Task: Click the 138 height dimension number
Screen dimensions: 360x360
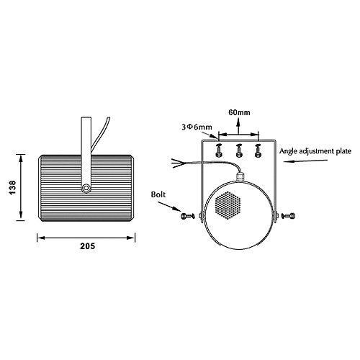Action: click(x=12, y=188)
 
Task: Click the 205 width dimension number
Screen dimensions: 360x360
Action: click(x=87, y=246)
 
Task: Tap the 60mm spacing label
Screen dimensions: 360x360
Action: click(x=239, y=112)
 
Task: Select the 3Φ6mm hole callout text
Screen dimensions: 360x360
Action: click(x=197, y=127)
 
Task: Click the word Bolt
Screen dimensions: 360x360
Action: click(x=158, y=194)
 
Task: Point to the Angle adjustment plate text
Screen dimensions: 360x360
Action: click(x=315, y=151)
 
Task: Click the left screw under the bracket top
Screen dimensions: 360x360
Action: click(x=219, y=150)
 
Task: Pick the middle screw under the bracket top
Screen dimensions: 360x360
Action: click(x=238, y=150)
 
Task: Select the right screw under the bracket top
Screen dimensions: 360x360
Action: click(x=258, y=150)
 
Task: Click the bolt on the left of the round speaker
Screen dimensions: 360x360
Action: click(x=187, y=216)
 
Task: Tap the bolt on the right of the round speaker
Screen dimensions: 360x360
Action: click(x=288, y=216)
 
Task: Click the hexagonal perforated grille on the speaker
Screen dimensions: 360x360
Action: click(x=228, y=205)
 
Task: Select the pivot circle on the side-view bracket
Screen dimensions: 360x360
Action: click(x=86, y=188)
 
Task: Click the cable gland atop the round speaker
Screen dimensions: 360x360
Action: click(x=240, y=176)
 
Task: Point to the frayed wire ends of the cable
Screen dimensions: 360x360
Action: click(x=178, y=163)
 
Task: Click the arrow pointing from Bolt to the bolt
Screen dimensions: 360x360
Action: click(x=169, y=207)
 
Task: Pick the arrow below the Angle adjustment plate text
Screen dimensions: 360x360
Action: click(x=305, y=161)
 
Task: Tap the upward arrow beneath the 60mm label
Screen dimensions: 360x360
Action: click(x=238, y=126)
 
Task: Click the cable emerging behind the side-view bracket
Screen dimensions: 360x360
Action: click(x=100, y=135)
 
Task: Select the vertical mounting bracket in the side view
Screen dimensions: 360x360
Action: click(x=86, y=153)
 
